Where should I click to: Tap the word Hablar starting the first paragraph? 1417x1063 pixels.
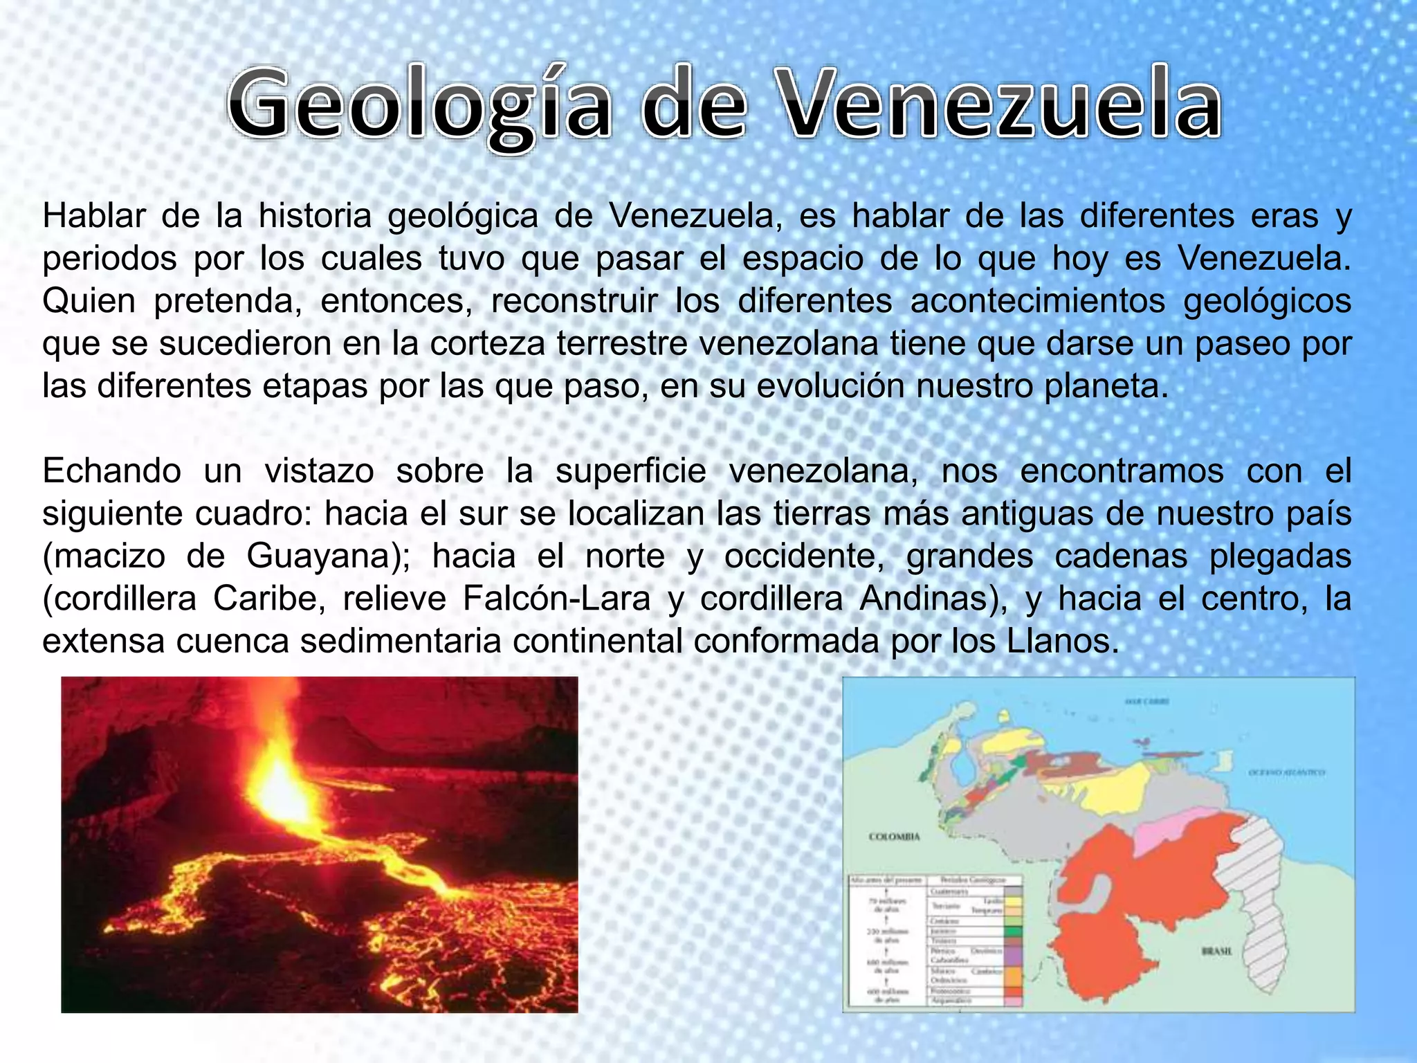point(94,216)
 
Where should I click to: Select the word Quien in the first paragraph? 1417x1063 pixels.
point(89,301)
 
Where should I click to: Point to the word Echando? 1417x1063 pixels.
point(111,471)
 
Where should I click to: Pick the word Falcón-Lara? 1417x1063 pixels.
point(556,599)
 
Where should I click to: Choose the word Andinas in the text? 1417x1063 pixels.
point(927,599)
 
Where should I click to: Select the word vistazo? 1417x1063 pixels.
point(319,471)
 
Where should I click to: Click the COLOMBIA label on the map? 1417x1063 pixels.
point(894,837)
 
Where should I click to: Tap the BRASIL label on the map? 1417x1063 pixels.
point(1216,952)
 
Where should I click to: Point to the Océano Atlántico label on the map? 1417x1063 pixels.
point(1287,772)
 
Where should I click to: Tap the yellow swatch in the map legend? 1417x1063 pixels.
point(1013,902)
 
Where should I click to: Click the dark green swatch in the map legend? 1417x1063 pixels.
point(1013,932)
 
